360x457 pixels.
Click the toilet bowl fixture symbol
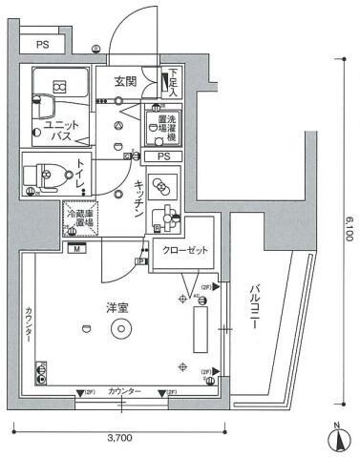point(43,176)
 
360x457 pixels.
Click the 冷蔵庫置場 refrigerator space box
point(79,221)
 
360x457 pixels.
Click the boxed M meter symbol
point(74,249)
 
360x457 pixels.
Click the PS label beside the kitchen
point(163,156)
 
